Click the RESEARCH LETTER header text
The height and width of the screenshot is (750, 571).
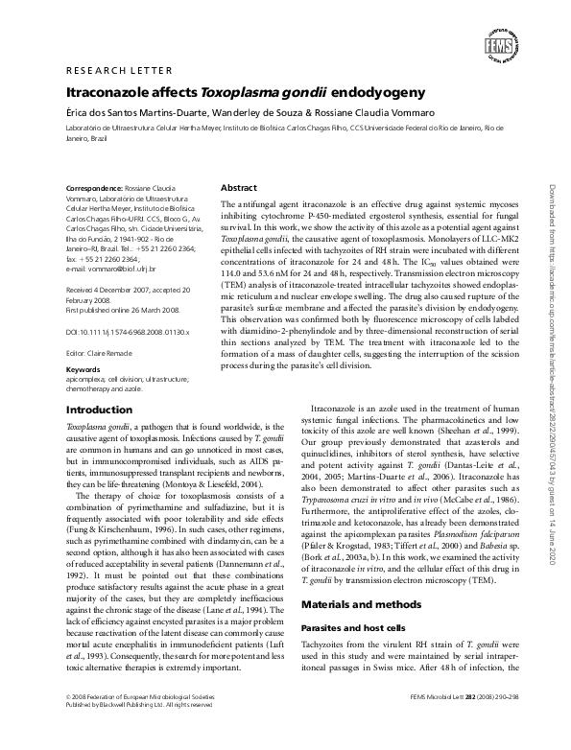tap(118, 71)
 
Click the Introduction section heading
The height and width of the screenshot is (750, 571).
tap(99, 409)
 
